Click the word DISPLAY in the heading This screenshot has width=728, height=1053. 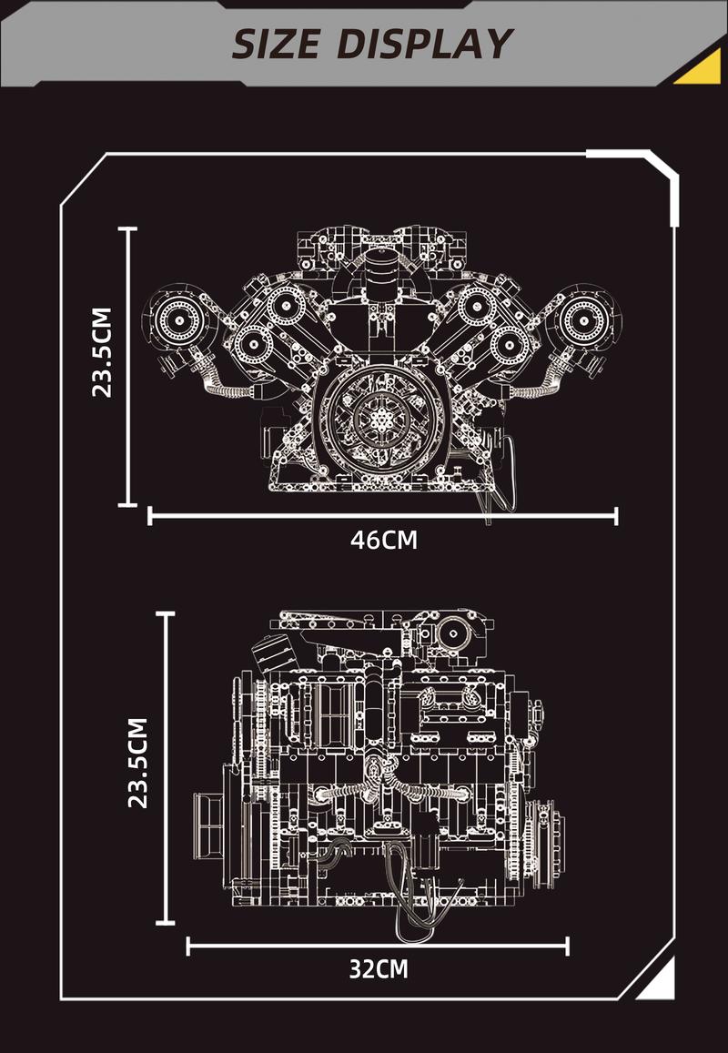(x=423, y=44)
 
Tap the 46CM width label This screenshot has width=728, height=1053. (x=383, y=540)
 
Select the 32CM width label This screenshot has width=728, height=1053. (x=378, y=968)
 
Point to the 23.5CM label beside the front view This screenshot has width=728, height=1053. (x=103, y=352)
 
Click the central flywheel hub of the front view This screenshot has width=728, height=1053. (x=383, y=419)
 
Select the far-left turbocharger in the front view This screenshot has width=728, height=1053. (x=177, y=319)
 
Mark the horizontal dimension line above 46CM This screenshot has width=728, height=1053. (x=383, y=517)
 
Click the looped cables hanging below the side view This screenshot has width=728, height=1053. (x=422, y=896)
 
